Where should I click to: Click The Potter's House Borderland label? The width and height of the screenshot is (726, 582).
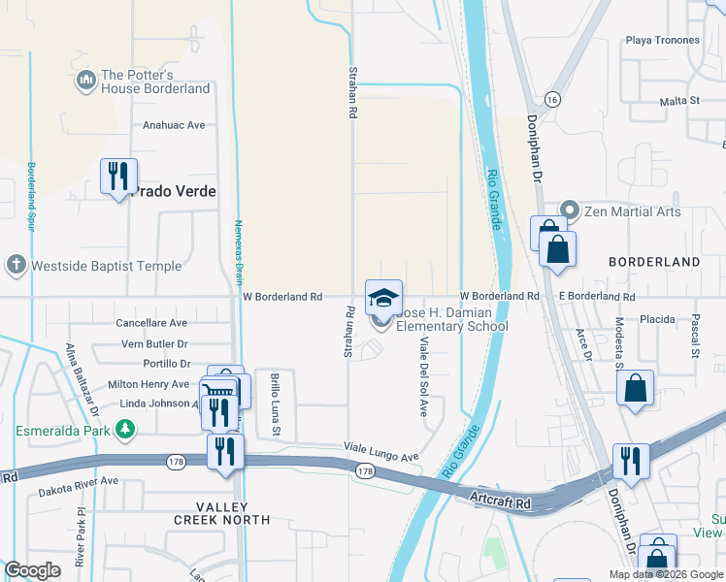tap(155, 81)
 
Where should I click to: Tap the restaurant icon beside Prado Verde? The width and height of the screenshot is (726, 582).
tap(118, 177)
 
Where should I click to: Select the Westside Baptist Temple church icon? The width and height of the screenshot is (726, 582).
tap(16, 265)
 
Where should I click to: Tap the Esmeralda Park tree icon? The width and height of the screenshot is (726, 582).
tap(124, 428)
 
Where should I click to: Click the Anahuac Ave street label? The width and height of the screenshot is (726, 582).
tap(174, 125)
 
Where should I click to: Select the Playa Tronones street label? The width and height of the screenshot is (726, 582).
tap(663, 40)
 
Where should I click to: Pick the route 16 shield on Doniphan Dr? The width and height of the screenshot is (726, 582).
tap(551, 100)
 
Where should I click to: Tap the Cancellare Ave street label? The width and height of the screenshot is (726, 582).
tap(150, 322)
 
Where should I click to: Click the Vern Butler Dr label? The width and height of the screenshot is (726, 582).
tap(154, 343)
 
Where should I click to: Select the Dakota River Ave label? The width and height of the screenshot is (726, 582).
tap(78, 480)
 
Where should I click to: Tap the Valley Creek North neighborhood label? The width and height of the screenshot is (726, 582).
tap(221, 513)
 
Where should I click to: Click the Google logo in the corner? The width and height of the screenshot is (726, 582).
tap(32, 569)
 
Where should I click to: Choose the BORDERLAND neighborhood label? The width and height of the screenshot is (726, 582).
tap(654, 262)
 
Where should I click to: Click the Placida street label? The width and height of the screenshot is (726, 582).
tap(656, 318)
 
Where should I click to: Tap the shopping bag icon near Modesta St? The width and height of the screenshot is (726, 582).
tap(634, 388)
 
